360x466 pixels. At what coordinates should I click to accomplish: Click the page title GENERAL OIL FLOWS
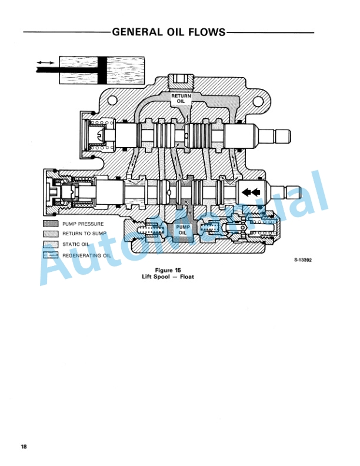pos(169,32)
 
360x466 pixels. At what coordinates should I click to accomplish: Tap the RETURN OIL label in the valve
pos(181,98)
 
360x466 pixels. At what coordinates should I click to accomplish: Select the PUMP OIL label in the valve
pos(183,229)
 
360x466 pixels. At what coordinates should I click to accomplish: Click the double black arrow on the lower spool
pos(251,192)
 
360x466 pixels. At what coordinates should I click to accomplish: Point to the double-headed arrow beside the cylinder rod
pos(45,63)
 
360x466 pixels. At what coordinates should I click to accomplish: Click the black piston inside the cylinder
pos(102,70)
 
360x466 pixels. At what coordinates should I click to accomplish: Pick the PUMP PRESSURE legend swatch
pos(51,224)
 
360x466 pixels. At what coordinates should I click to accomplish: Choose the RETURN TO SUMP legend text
pos(84,234)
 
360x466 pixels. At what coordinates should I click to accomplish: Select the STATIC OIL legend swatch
pos(51,244)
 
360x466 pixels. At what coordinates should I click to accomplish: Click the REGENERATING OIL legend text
pos(86,255)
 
